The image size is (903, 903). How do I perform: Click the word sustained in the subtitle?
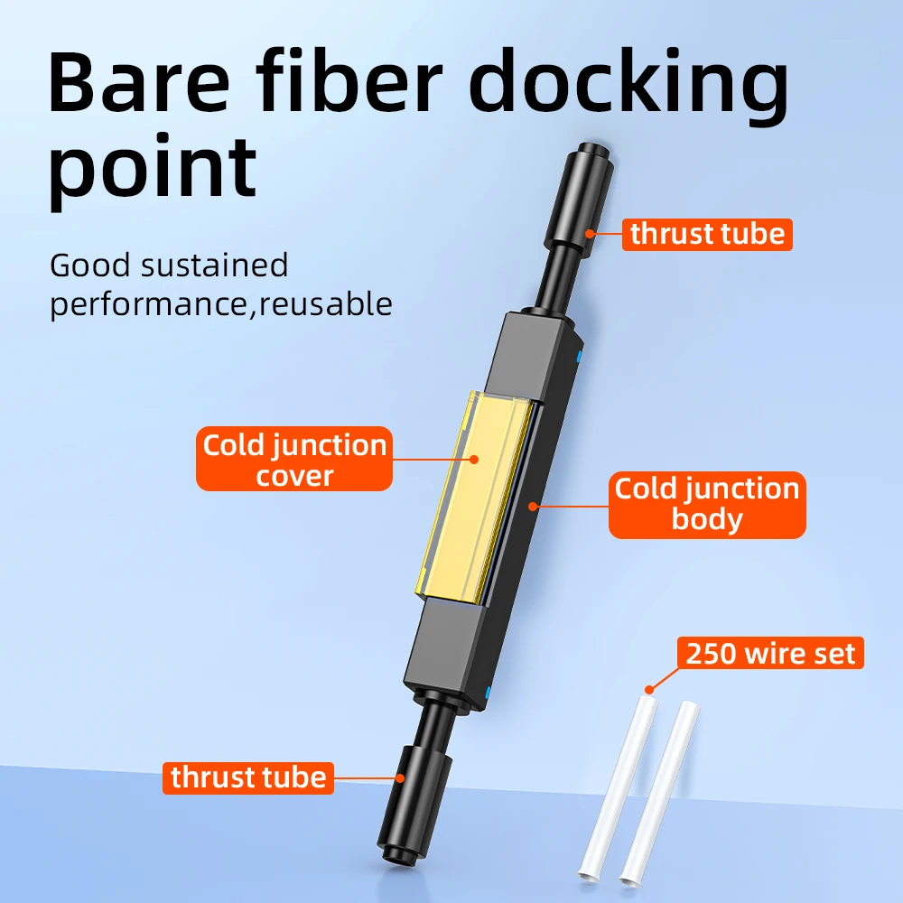pos(215,265)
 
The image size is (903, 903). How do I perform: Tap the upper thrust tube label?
pos(707,234)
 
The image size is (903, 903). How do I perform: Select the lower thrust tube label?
pos(248,777)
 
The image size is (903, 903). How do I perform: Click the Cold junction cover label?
pos(294,460)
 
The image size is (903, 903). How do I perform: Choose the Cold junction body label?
pos(707,503)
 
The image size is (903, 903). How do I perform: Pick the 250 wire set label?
pos(770,653)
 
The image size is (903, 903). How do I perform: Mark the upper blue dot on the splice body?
pos(579,357)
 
